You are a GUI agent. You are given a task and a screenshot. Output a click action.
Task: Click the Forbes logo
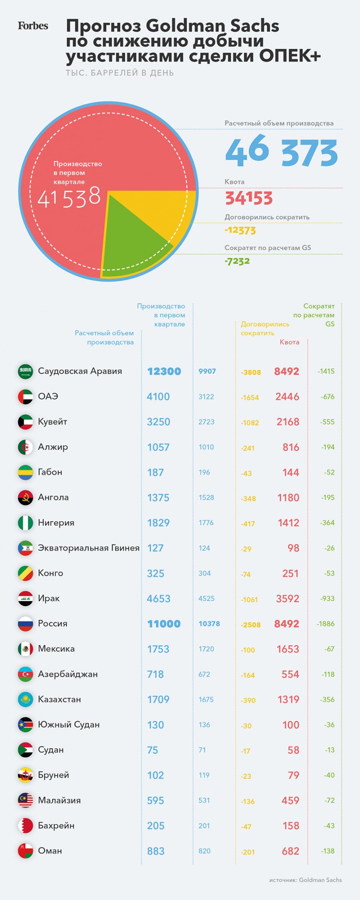click(x=33, y=26)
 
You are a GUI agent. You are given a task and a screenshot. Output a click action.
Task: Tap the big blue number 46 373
click(x=281, y=152)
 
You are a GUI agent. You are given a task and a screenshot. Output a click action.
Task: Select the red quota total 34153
click(x=249, y=199)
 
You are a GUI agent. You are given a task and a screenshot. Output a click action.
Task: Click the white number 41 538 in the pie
click(x=69, y=197)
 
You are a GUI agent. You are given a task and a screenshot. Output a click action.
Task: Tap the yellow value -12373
click(x=240, y=230)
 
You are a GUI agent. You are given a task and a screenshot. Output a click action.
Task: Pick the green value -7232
click(x=237, y=261)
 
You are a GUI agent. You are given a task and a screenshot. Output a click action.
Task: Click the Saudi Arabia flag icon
click(x=25, y=371)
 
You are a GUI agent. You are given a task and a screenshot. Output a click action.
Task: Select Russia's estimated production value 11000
click(x=164, y=624)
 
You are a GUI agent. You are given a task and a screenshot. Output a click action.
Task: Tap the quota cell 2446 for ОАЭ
click(x=287, y=397)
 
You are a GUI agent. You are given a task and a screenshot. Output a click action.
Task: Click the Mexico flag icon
click(x=25, y=649)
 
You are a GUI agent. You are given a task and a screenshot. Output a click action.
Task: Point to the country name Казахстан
click(x=59, y=699)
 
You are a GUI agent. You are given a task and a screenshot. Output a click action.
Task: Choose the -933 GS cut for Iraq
click(x=327, y=599)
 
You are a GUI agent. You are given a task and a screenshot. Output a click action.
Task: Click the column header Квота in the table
click(x=289, y=342)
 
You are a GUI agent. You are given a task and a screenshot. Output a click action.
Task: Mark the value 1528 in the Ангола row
click(x=206, y=497)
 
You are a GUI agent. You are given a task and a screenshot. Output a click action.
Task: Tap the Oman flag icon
click(x=25, y=851)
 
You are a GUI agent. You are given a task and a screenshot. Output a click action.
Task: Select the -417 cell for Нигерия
click(x=248, y=523)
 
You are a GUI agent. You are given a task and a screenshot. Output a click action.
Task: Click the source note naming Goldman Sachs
click(x=305, y=880)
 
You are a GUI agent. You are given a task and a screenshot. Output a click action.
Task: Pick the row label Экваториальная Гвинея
click(x=88, y=548)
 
